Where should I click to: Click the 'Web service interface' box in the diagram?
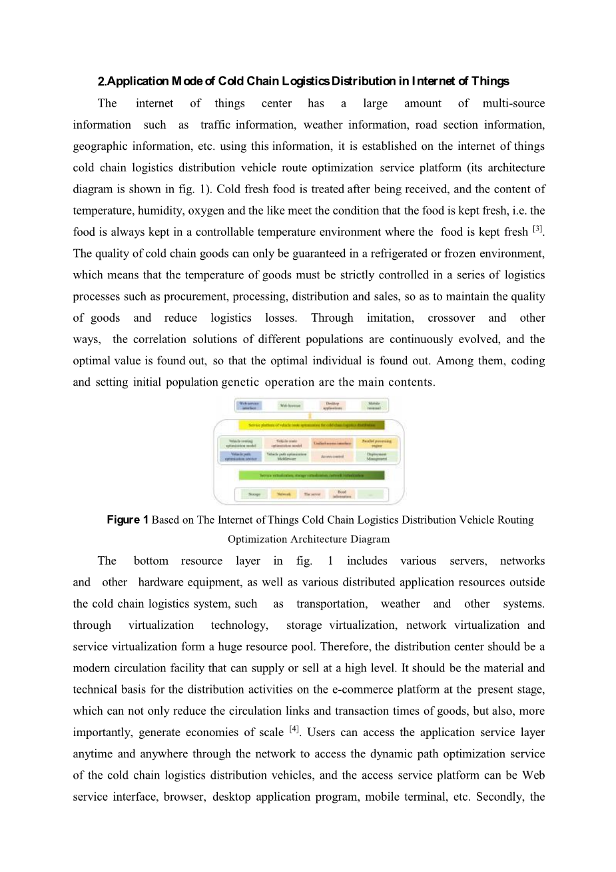249,405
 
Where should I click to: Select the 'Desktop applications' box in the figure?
332,405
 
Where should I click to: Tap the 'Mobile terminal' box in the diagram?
374,405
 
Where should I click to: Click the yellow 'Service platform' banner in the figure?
312,425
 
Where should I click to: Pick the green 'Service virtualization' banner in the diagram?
312,476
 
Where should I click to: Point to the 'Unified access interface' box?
332,442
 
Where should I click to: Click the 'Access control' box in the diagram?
332,457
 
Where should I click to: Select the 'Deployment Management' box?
376,457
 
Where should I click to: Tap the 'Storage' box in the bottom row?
254,494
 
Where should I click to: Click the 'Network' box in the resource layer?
284,494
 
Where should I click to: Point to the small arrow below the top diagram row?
310,416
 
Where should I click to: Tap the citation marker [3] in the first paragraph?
538,229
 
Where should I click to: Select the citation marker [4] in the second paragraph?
294,729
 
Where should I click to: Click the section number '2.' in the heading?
102,81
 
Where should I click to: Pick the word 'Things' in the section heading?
490,81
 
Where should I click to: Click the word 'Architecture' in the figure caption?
306,539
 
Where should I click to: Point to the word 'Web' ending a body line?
533,775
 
